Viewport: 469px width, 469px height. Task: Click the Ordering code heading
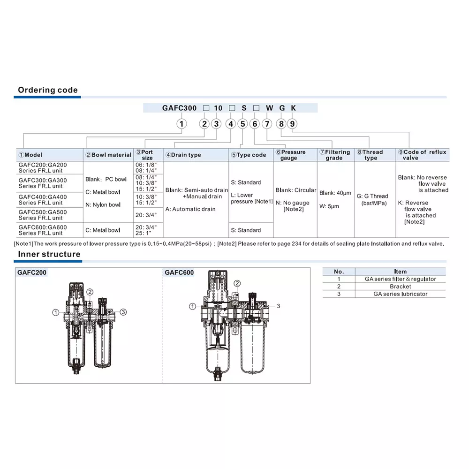47,90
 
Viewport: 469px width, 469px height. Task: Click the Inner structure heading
49,254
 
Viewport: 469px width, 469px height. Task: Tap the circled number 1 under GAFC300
182,124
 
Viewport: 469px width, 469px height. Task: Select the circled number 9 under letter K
292,124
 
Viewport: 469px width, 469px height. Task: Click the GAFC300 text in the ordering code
180,108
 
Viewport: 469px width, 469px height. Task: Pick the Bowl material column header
109,155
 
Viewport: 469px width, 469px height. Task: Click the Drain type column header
183,155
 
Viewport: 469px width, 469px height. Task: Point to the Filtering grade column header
334,155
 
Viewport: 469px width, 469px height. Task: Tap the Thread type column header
370,155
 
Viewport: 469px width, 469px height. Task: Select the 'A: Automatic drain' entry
190,209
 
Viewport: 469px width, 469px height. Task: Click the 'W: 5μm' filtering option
329,206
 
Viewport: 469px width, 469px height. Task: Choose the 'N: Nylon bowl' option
103,204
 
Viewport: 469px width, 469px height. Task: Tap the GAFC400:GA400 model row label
43,197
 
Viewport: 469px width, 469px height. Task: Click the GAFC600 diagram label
179,272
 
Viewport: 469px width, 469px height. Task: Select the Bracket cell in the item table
400,287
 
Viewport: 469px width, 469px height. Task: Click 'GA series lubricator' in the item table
400,294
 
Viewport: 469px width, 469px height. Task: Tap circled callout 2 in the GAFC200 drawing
90,292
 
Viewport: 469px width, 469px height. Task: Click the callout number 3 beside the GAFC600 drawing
278,306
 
